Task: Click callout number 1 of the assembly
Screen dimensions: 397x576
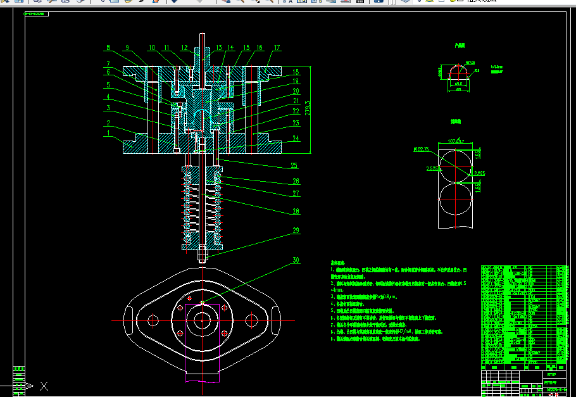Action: [x=108, y=134]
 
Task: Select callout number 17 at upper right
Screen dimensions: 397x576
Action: [x=277, y=47]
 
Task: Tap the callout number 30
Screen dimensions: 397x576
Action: [x=295, y=260]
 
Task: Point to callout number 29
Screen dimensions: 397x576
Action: [x=295, y=230]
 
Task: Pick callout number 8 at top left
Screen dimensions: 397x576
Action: [x=108, y=47]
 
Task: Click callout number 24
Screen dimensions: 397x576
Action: [x=295, y=139]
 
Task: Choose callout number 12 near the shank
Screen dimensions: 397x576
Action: [x=184, y=47]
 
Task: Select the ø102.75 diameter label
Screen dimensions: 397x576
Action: [x=421, y=149]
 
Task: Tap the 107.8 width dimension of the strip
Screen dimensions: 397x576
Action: [x=456, y=141]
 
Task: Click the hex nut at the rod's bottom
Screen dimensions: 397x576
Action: [x=202, y=257]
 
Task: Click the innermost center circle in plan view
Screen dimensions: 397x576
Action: [x=202, y=320]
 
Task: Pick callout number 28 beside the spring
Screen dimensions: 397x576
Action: [x=295, y=211]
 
